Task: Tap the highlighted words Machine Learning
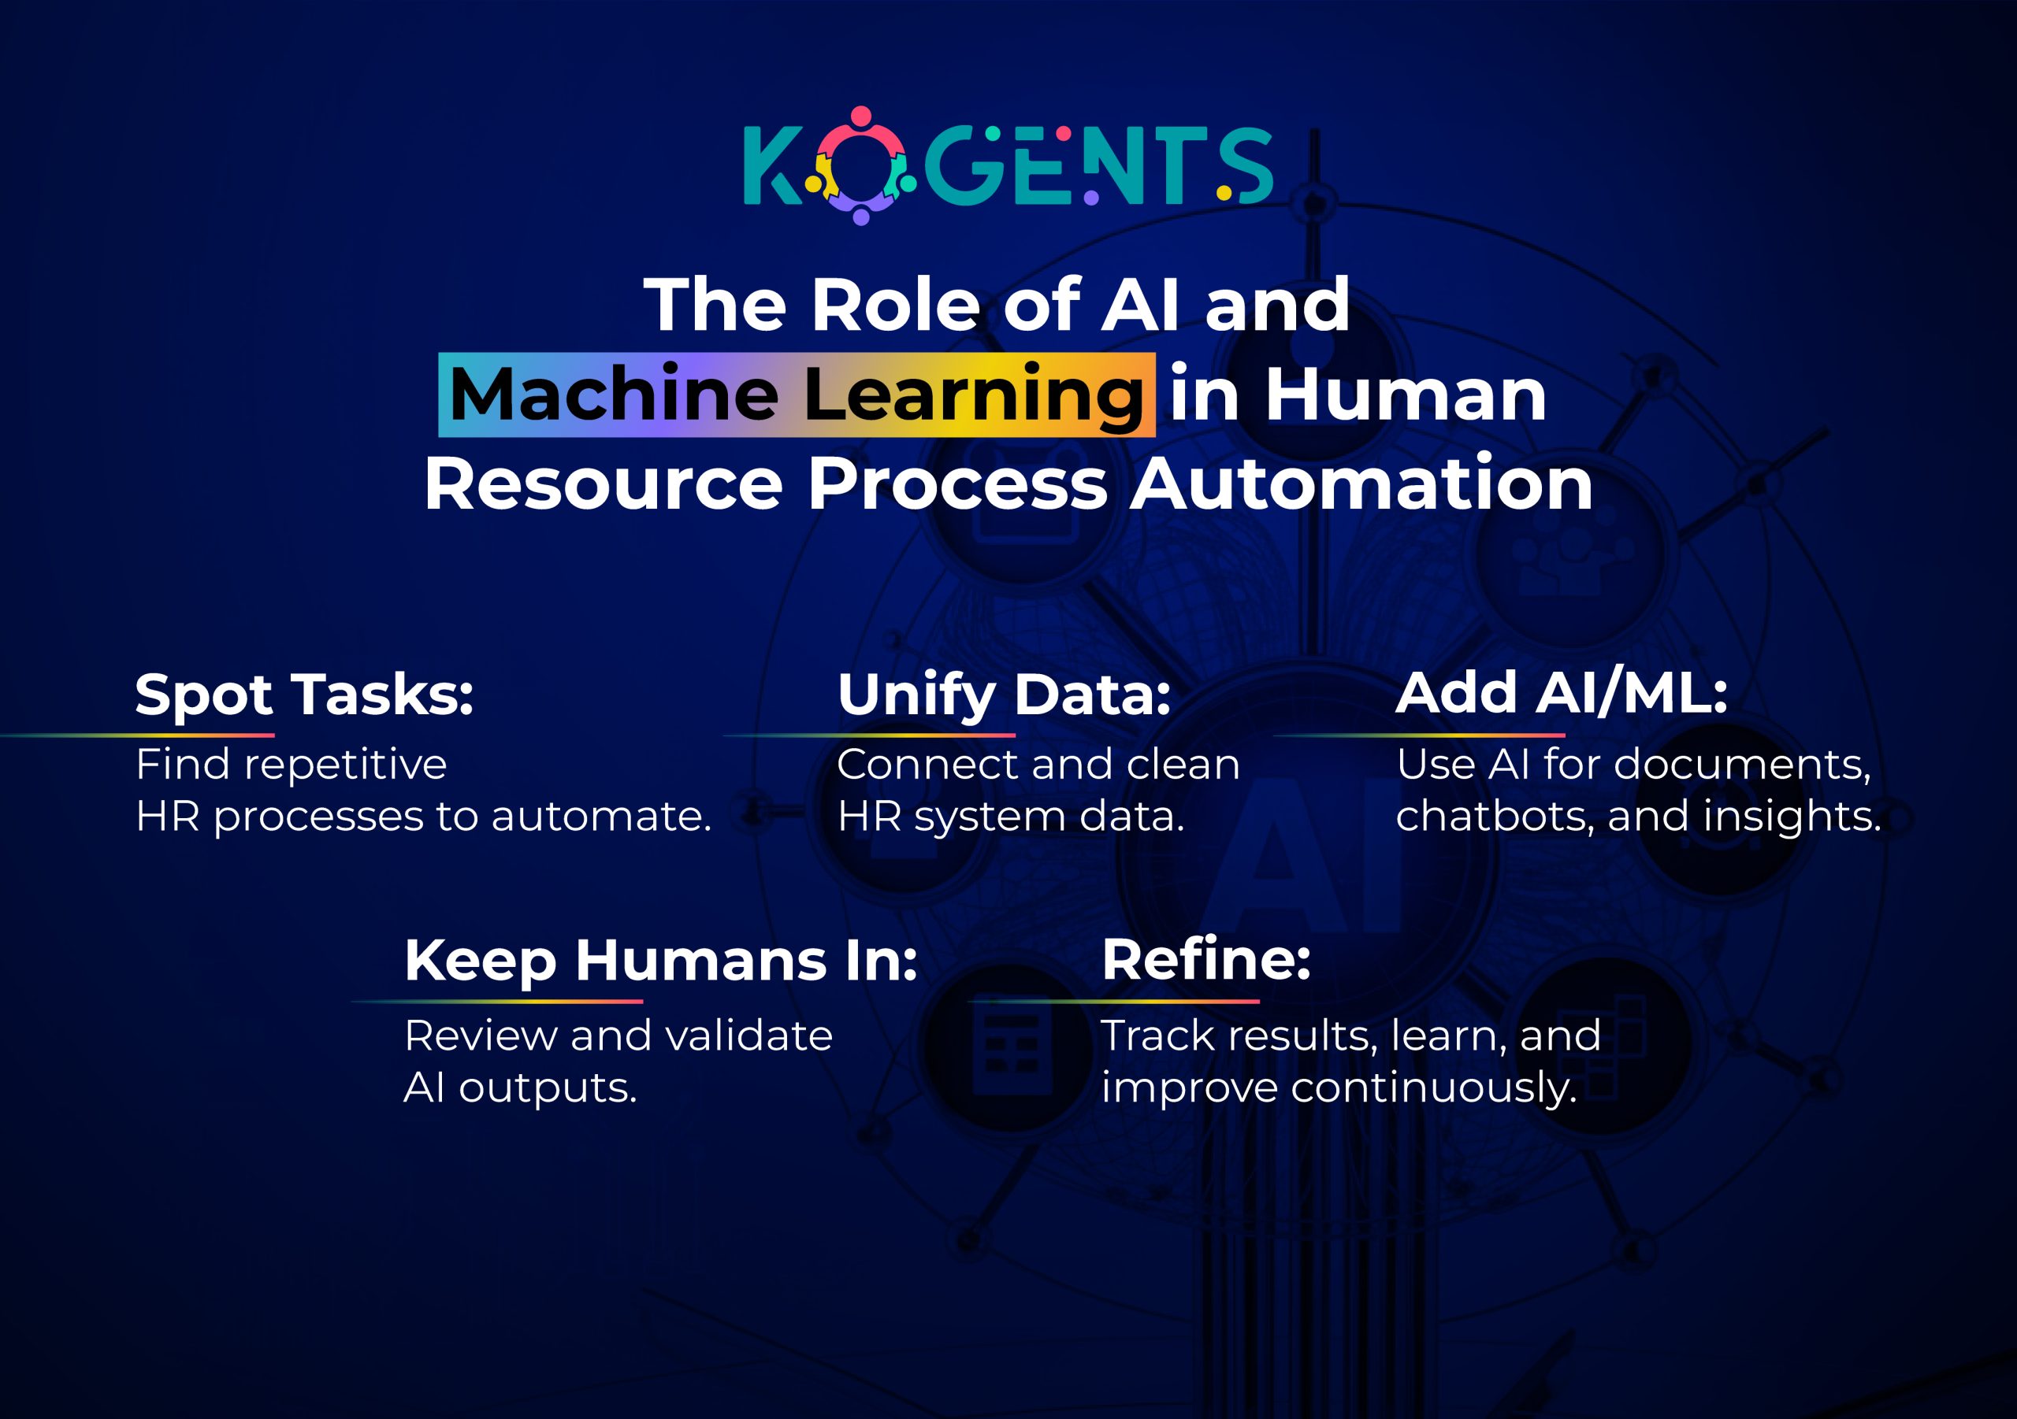796,395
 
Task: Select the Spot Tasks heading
304,695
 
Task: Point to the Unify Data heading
1004,695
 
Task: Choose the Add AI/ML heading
1561,693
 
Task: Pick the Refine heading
1206,960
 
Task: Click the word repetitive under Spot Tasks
345,765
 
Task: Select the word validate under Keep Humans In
748,1036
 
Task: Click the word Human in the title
1406,395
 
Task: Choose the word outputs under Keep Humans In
548,1089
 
